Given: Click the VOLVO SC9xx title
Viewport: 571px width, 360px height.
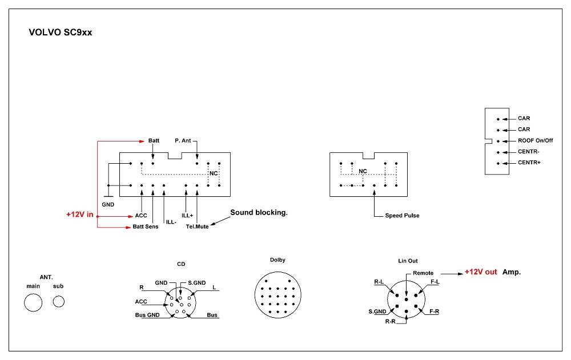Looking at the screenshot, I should coord(60,33).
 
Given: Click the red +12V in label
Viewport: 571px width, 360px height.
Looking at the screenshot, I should coord(79,215).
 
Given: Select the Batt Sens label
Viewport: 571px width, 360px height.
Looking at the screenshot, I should coord(146,227).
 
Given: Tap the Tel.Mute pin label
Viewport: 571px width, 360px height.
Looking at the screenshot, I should coord(198,227).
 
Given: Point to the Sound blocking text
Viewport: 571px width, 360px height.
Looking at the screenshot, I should coord(259,213).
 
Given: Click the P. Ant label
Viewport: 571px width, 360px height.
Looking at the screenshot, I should coord(183,140).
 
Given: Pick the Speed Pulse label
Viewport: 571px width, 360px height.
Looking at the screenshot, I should coord(402,216).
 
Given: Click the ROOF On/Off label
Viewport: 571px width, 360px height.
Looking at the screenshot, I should coord(535,140).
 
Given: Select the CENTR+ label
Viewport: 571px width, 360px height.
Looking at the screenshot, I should coord(529,163).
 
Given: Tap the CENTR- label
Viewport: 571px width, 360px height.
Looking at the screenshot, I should coord(528,152).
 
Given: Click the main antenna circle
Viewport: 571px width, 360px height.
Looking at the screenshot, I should coord(33,302).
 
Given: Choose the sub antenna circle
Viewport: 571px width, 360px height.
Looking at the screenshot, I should coord(59,302).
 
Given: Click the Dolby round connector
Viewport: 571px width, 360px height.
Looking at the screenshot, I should coord(278,294).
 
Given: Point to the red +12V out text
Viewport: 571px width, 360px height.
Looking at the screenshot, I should coord(480,272).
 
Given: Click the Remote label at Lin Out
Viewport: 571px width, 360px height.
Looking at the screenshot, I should coord(423,273).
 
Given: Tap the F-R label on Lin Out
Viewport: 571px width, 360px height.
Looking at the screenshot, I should coord(434,312).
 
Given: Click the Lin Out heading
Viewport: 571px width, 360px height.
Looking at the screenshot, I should coord(408,261).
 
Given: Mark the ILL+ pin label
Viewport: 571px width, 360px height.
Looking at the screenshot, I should coord(187,216).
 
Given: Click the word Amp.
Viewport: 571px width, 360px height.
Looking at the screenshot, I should coord(512,272).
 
